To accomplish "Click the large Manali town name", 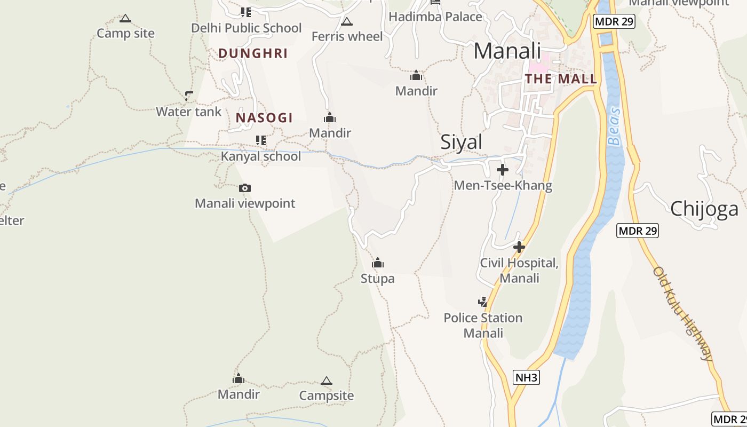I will (507, 51).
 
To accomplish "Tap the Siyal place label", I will (461, 142).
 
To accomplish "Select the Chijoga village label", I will (704, 209).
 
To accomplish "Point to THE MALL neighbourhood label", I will (561, 79).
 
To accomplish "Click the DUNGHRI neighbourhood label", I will (253, 53).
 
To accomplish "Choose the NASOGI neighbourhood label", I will (264, 118).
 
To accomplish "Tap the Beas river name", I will (614, 126).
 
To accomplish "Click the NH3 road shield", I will (527, 378).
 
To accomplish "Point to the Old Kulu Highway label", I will (683, 313).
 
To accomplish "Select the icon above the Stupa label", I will (378, 263).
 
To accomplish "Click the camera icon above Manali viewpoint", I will (245, 188).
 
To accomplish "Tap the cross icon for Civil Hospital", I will (519, 247).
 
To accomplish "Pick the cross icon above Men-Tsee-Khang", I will (503, 170).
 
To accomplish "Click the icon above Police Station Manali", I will (483, 302).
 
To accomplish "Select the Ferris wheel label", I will (347, 36).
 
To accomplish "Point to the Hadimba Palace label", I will (435, 17).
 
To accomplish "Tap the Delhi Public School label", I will (247, 28).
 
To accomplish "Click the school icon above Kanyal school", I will (261, 140).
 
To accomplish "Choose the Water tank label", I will (188, 112).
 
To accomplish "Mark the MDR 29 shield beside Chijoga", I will (638, 231).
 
